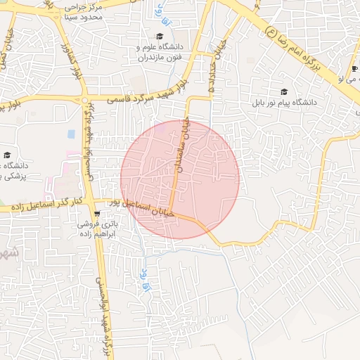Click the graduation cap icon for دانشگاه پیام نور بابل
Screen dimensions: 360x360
(284, 91)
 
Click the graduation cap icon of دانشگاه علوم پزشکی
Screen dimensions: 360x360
(7, 155)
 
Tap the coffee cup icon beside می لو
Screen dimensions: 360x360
(353, 68)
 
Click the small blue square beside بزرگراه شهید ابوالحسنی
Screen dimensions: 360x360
(71, 134)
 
